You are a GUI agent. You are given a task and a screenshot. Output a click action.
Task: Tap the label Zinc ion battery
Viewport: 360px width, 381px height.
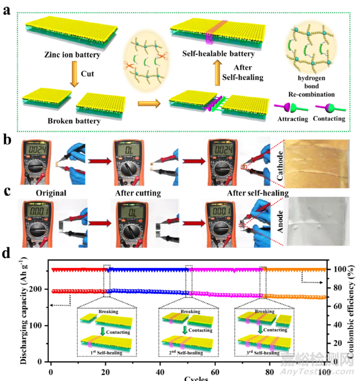click(59, 55)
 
